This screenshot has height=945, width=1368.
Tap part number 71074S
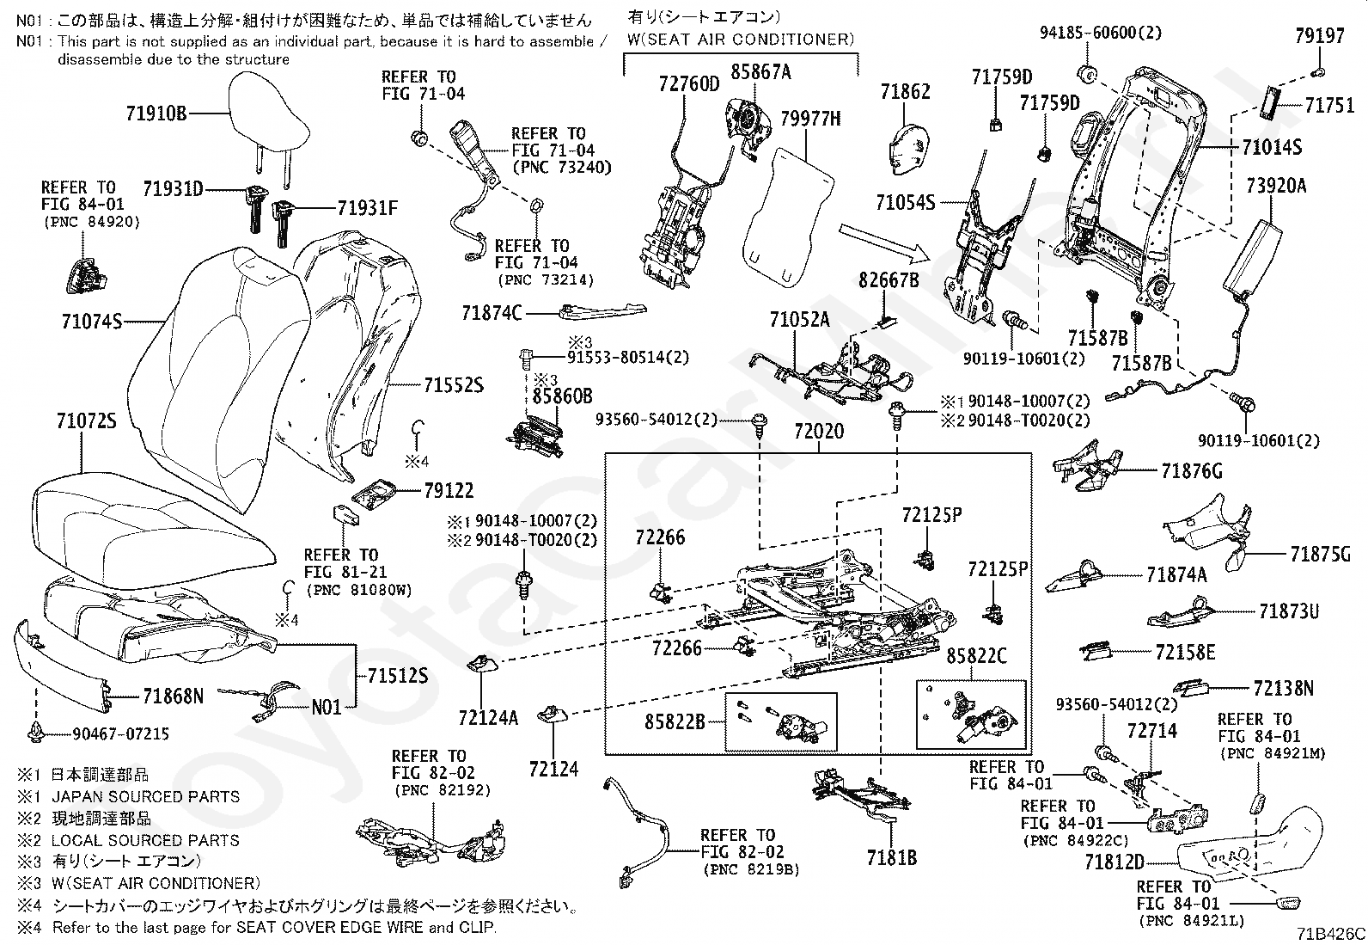coord(91,322)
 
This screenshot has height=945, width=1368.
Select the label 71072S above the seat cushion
coord(86,421)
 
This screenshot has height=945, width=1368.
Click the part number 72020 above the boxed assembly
coord(818,432)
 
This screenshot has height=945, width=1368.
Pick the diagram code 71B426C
coord(1331,934)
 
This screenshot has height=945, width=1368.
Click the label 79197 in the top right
coord(1319,36)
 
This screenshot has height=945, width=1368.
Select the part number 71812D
coord(1114,862)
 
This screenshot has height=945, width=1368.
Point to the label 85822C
coord(976,656)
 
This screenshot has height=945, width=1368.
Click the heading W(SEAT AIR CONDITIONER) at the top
coord(741,39)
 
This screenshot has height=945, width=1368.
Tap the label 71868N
coord(173,696)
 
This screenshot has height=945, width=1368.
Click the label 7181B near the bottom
coord(891,857)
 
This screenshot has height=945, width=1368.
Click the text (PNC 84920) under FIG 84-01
coord(91,222)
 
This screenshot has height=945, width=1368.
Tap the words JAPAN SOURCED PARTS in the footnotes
coord(145,796)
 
